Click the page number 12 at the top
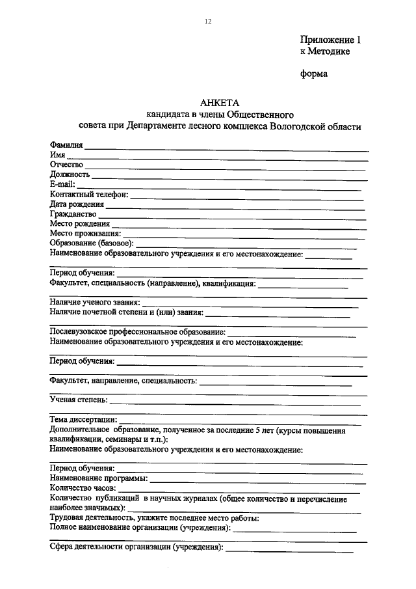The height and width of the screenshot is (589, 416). [x=208, y=21]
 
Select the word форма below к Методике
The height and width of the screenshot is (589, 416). [x=313, y=74]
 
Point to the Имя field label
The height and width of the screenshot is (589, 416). [x=57, y=155]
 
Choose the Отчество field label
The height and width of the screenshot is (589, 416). [x=67, y=165]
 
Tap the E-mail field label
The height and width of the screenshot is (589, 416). [x=63, y=184]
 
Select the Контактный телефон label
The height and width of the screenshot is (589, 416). [x=89, y=194]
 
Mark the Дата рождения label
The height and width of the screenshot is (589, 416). [x=76, y=204]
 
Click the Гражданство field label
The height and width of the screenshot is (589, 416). [x=73, y=213]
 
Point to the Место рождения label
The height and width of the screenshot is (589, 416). [x=78, y=223]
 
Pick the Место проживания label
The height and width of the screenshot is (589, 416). [x=84, y=233]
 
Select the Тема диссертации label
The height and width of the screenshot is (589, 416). [x=83, y=420]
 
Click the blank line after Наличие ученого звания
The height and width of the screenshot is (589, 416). [x=250, y=304]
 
